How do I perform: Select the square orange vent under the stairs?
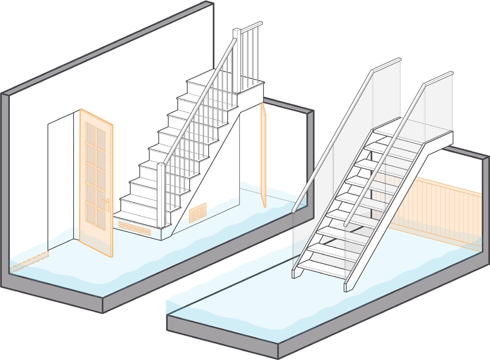(x=198, y=213)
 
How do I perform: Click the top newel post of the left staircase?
(x=237, y=59)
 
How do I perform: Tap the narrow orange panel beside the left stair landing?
(x=263, y=154)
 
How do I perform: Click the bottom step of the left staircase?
(x=138, y=217)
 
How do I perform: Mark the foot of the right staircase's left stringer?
(x=296, y=273)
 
